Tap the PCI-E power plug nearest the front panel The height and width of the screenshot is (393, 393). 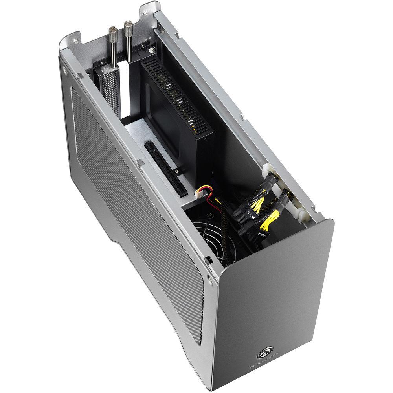coord(260,234)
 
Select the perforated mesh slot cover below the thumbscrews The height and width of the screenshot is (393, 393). coord(110,90)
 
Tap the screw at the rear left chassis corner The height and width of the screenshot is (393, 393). coord(64,73)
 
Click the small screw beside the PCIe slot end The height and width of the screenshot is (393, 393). coord(178,171)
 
